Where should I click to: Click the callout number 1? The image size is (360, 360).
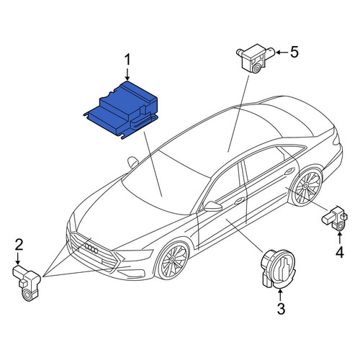coord(127,59)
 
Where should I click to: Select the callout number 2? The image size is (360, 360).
coord(19,244)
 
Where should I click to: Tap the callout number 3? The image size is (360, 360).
coord(281,309)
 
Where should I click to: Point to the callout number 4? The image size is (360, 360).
coord(340,252)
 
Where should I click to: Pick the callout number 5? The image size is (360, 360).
coord(294,52)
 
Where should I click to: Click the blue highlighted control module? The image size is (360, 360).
coord(121,109)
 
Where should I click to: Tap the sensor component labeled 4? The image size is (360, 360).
coord(335,218)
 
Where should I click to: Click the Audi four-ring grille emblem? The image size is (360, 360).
coord(91,248)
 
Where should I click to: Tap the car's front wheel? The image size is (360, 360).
coord(173,261)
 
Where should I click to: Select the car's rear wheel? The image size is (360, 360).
coord(306,187)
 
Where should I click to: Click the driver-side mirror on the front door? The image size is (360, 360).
coord(212,206)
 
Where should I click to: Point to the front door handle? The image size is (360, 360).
coord(240,200)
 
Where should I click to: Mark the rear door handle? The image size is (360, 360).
coord(289,171)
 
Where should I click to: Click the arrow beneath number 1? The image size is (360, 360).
coord(127,73)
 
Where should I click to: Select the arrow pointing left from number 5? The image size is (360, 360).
coord(282,52)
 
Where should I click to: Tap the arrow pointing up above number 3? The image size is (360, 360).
coord(280,294)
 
